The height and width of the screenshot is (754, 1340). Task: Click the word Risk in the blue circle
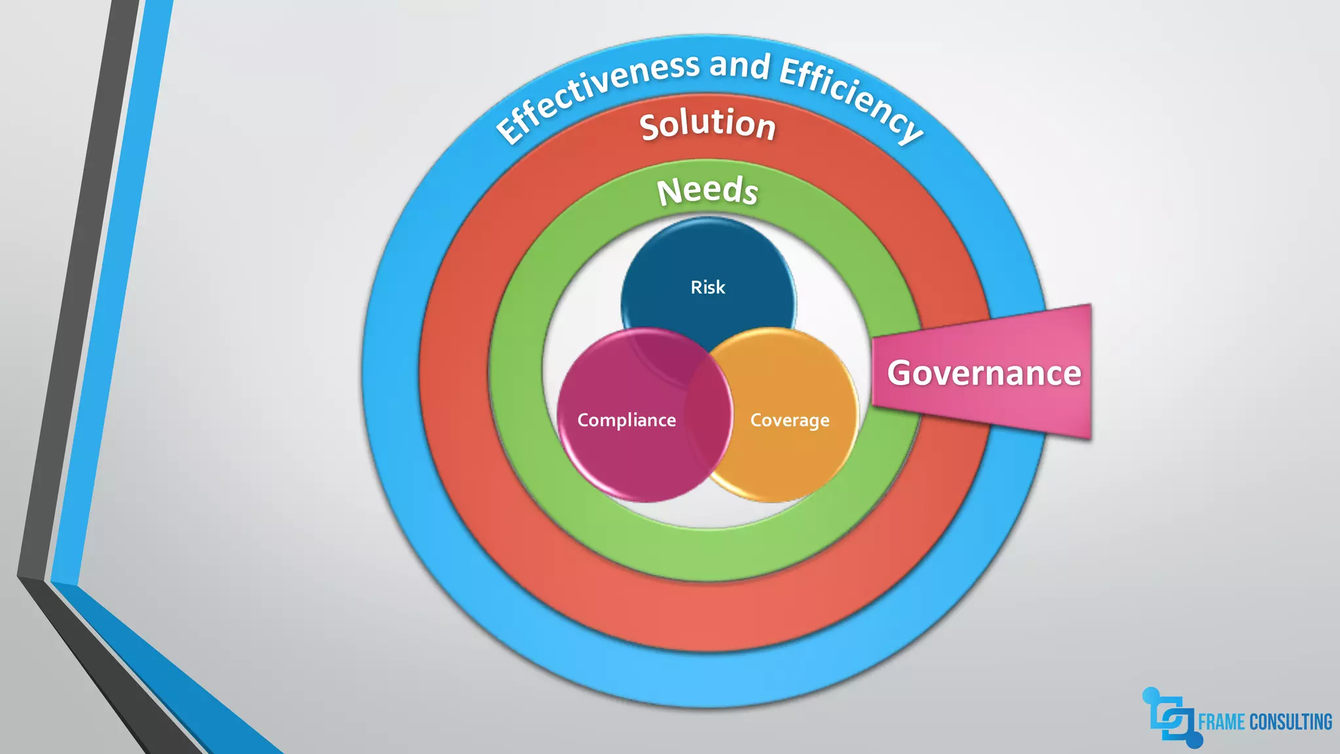click(708, 287)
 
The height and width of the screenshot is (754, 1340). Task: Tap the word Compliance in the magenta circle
click(626, 420)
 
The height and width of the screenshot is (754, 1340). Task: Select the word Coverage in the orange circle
click(790, 420)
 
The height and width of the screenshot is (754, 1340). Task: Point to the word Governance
click(984, 373)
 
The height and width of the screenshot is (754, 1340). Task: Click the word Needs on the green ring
click(708, 191)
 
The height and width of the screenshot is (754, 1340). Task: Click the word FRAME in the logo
click(1221, 722)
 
